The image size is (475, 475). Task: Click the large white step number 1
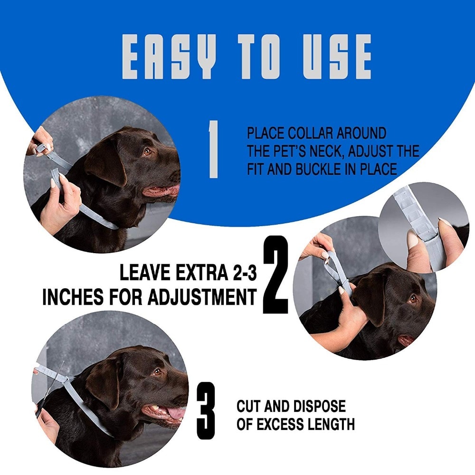point(214,149)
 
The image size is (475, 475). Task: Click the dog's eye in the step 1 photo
point(148,152)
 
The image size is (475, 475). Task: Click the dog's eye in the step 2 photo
point(413,299)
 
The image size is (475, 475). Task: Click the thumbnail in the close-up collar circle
point(413,240)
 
